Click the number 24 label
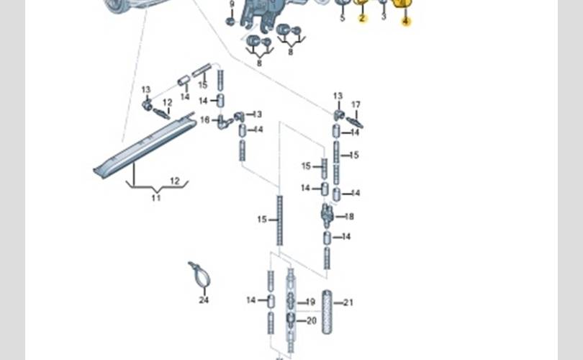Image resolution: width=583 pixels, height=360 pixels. point(204,300)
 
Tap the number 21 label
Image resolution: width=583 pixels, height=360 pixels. point(349,302)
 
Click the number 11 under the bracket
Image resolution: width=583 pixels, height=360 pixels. point(156,197)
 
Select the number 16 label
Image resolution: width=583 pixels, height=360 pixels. point(204,120)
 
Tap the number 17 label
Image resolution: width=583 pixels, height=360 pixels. point(356,104)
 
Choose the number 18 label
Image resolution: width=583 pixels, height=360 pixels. point(349,216)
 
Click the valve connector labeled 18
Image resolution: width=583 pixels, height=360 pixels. point(327,215)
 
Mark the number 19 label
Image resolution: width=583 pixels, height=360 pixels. point(311,302)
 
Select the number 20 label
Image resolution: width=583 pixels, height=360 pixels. point(311,321)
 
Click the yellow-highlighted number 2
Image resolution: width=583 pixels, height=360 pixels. point(362,18)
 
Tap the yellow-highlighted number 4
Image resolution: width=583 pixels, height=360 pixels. point(405,22)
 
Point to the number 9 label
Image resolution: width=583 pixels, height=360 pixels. point(232,4)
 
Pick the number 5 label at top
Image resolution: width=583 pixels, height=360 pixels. point(342,18)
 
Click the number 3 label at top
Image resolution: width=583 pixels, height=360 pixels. point(383,17)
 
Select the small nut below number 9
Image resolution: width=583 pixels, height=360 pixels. point(230,21)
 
